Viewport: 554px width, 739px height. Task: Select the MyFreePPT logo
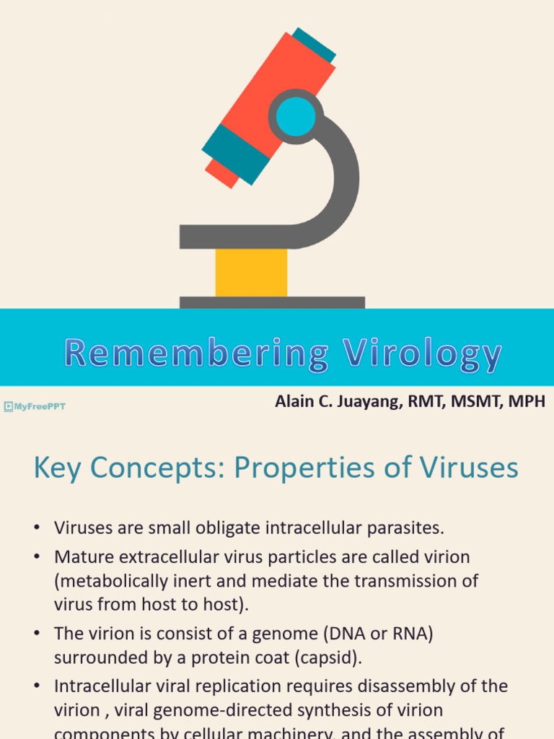point(35,407)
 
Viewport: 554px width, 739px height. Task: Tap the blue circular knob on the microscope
point(296,116)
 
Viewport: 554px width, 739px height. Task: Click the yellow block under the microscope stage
point(251,272)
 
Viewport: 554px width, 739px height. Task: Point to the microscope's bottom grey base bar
point(272,302)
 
